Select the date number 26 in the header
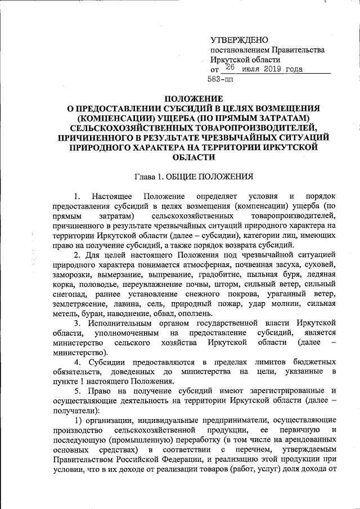tap(229, 67)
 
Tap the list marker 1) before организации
tap(79, 421)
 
